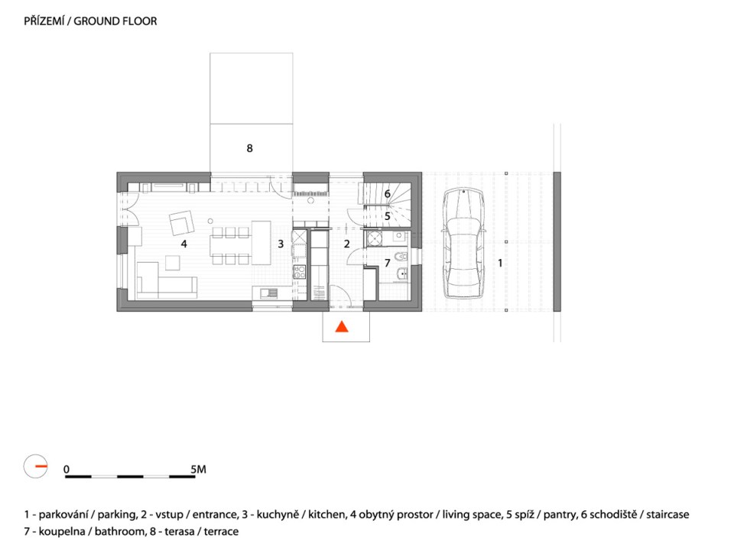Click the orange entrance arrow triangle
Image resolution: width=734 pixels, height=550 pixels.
342,326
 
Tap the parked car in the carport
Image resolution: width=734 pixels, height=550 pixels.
463,245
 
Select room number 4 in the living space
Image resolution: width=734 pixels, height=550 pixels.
183,244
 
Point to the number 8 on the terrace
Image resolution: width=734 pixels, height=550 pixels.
249,148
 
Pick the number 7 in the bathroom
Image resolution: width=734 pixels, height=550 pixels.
387,262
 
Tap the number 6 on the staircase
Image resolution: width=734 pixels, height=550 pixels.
388,194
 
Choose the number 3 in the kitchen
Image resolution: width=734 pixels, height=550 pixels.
281,244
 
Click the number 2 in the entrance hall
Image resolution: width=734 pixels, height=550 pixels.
346,244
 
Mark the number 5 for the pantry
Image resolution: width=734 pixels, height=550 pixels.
388,216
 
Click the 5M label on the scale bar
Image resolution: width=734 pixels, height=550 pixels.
197,469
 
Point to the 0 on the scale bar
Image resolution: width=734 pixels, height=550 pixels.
67,469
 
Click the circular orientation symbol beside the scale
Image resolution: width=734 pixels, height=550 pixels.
36,465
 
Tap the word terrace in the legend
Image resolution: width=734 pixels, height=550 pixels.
221,531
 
